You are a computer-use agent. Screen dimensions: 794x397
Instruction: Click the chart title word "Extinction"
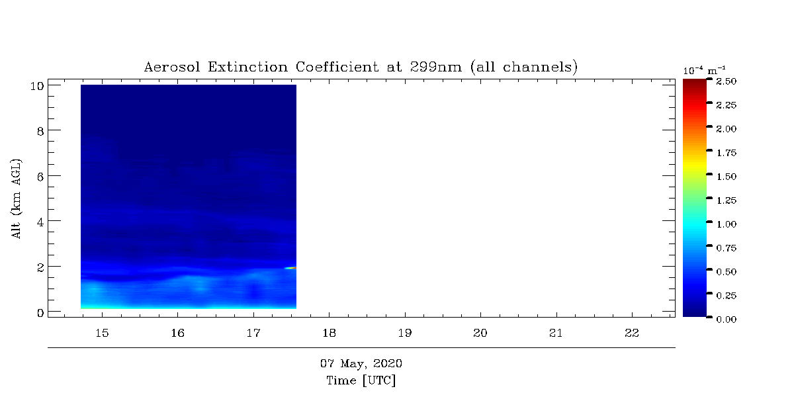247,67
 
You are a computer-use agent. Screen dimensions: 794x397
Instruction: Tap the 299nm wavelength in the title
436,67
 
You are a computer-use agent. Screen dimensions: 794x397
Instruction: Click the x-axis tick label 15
102,333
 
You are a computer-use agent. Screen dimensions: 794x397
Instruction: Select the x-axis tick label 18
329,333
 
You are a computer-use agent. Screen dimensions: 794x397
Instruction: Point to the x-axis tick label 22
632,333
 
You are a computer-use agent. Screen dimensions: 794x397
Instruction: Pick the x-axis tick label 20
480,333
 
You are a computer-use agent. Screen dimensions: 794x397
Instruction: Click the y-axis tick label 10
37,86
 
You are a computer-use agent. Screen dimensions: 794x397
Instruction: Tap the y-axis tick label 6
40,177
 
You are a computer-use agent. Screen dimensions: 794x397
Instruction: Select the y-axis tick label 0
40,313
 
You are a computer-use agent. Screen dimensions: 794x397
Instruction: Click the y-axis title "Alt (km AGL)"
17,198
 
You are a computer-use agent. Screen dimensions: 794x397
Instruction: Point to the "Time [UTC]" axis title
361,380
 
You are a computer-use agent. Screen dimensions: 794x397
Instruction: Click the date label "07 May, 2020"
361,363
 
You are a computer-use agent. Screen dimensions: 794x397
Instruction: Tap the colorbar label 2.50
727,81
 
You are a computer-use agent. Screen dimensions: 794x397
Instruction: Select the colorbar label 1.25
727,200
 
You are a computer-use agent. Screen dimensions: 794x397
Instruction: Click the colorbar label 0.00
727,320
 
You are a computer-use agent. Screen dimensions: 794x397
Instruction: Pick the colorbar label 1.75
727,153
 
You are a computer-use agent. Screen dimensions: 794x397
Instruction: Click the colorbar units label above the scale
704,71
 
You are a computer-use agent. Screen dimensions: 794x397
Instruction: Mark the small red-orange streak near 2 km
290,268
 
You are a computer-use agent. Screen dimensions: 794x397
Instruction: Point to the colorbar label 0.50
727,272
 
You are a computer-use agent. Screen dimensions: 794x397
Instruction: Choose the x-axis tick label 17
253,333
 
